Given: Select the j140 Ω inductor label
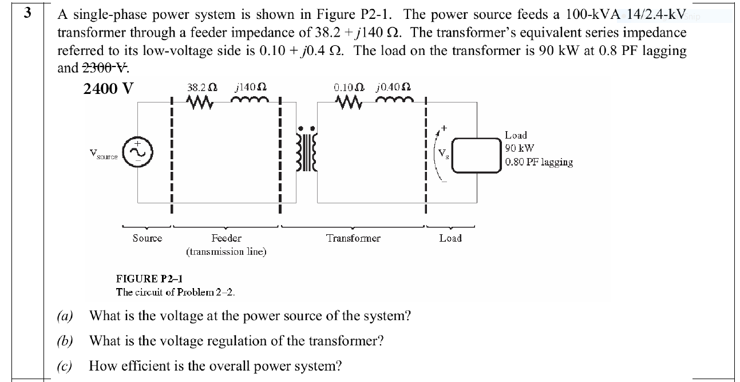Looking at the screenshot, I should point(248,89).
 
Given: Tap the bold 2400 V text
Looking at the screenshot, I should point(108,89).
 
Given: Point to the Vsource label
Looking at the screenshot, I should point(104,154).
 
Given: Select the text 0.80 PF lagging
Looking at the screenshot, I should point(539,162).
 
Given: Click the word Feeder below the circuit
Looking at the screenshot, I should point(226,238).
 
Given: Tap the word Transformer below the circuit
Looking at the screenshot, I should point(353,238).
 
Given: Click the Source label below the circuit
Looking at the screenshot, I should point(147,238).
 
